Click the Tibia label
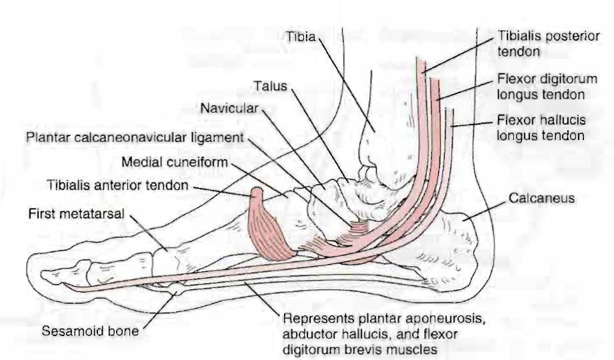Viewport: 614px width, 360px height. [301, 37]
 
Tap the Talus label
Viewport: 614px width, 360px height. [270, 86]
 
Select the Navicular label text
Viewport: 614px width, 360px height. [229, 108]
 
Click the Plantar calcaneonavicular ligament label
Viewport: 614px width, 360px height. [135, 138]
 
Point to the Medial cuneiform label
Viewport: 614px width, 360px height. [175, 162]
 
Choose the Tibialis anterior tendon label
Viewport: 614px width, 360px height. [117, 185]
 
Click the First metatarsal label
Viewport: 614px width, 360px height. [77, 213]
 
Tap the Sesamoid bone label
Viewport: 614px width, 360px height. [90, 331]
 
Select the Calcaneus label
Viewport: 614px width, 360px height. [541, 198]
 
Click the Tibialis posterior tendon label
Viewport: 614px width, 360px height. [548, 43]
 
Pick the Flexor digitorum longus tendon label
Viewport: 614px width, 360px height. [547, 87]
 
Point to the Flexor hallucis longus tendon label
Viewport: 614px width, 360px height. [541, 128]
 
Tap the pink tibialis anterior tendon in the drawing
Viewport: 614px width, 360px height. [269, 225]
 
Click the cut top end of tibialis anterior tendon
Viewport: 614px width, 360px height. [257, 191]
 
